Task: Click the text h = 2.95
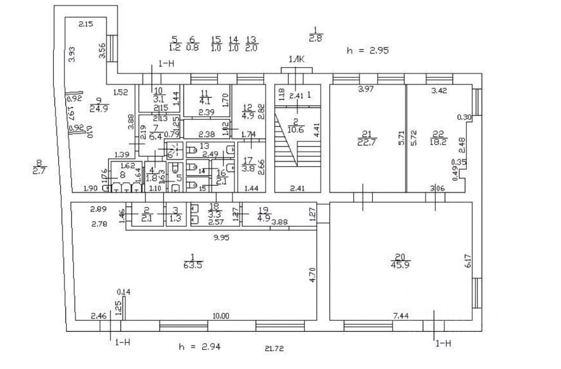coord(368,50)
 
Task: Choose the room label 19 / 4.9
coord(264,214)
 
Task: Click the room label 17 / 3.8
coord(248,164)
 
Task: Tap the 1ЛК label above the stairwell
coord(297,60)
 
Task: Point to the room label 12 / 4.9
coord(247,112)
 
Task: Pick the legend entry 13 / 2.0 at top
coord(251,44)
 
